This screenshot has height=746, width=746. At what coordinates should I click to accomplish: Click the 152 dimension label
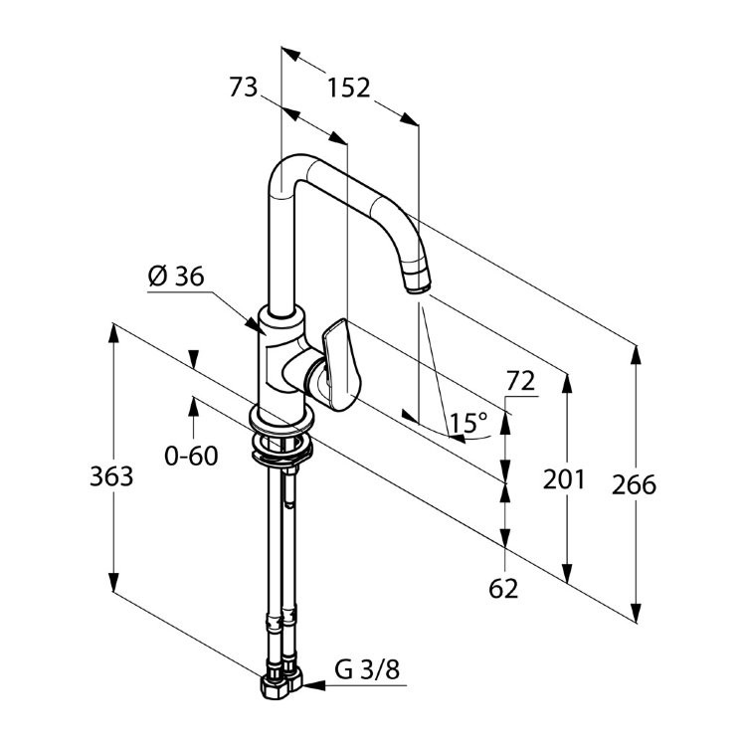point(349,88)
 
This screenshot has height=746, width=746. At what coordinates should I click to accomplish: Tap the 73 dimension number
point(243,88)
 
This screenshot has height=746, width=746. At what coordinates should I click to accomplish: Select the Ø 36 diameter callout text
point(176,277)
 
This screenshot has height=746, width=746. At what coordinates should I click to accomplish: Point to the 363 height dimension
point(111,476)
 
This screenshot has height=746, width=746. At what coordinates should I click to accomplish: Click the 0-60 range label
point(191,456)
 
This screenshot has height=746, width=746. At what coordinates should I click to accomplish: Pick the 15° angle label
point(469,422)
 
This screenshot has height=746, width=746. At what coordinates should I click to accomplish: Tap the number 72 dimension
point(520,381)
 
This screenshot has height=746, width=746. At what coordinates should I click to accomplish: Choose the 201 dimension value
point(564,479)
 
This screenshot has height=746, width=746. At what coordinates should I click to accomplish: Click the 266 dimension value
point(635,484)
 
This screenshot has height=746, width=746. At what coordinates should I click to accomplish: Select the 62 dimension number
point(503,589)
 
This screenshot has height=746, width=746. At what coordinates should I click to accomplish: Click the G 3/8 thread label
point(367,670)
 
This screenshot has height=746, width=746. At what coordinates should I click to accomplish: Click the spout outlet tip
point(419,285)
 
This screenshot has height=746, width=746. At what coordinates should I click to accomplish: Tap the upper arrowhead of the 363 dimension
point(113,333)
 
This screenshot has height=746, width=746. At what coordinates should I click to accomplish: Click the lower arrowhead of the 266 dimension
point(636,613)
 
